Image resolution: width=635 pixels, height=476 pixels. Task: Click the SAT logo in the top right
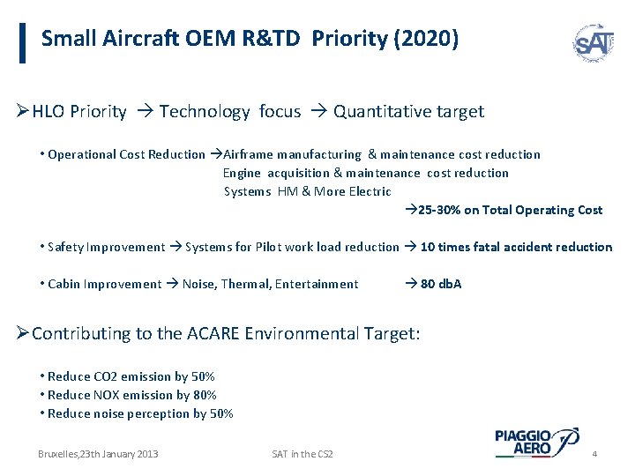[593, 41]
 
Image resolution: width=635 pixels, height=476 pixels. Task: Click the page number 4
[594, 453]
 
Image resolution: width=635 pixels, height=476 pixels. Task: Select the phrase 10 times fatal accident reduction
[516, 247]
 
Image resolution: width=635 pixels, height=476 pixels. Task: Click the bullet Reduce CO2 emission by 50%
[131, 376]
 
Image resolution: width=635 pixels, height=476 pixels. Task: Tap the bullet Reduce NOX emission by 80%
[132, 395]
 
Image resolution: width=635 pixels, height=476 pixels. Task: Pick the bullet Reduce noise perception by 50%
[140, 413]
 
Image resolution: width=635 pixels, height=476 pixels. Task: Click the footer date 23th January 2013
[98, 453]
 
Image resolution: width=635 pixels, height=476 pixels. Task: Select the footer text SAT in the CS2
[303, 453]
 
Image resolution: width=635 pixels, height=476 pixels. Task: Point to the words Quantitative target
[408, 111]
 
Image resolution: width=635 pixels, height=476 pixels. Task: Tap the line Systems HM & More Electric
[307, 191]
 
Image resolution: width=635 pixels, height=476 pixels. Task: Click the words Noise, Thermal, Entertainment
[270, 284]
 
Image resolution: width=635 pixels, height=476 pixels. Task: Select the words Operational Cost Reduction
[126, 154]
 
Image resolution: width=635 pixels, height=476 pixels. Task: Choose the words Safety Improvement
[107, 247]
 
